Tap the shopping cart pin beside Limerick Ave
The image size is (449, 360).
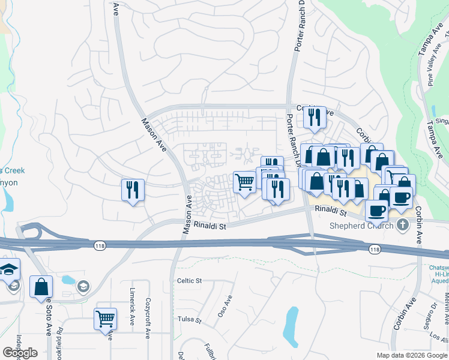tap(106, 319)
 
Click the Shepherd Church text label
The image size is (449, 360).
tap(362, 226)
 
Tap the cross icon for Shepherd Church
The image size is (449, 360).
tap(402, 225)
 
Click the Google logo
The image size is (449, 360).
tap(19, 353)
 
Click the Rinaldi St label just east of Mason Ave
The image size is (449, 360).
tap(209, 226)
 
